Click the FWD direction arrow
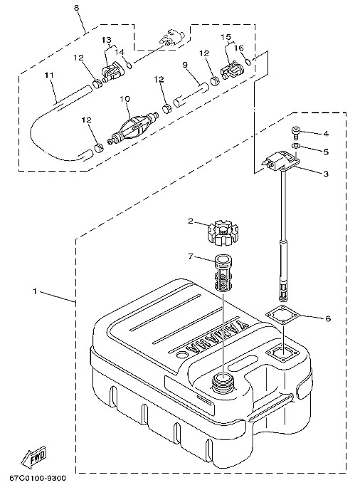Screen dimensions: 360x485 (33, 457)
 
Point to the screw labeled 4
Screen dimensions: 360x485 (296, 134)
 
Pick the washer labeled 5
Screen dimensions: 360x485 (296, 146)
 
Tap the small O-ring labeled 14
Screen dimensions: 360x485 (129, 65)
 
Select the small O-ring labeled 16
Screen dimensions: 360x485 (249, 62)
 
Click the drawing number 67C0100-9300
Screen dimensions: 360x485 (38, 479)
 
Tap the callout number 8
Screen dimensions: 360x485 (76, 8)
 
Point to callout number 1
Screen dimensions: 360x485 (36, 291)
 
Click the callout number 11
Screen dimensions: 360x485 (49, 75)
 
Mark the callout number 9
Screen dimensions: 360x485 (185, 65)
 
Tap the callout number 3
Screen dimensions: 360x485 (326, 174)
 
